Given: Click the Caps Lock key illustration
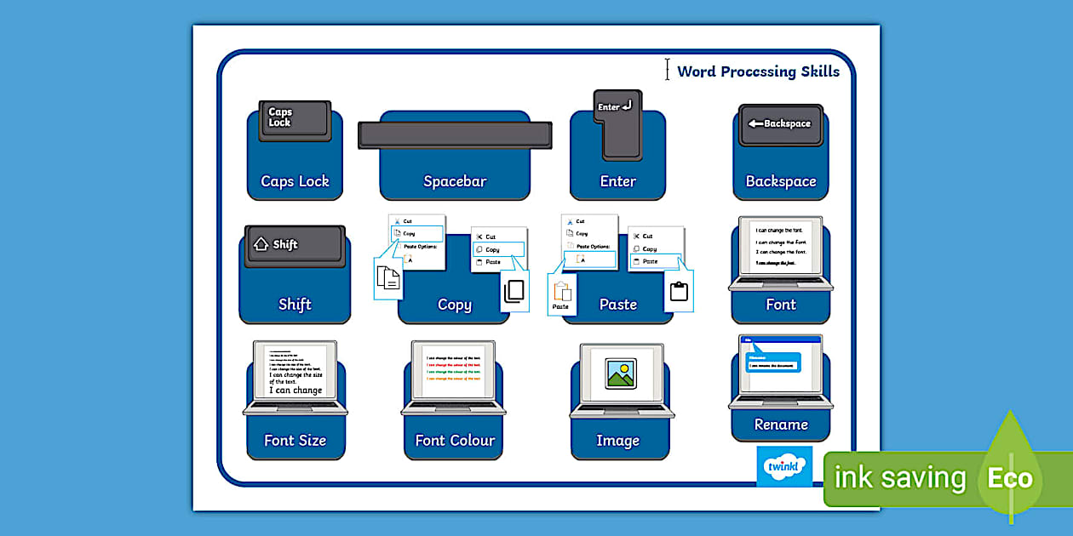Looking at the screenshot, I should pos(295,120).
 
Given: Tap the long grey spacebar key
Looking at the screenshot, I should pos(455,135).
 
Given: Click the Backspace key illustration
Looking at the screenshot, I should pos(780,124).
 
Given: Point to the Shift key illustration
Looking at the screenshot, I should pos(295,246).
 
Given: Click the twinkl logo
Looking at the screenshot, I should pos(784,466).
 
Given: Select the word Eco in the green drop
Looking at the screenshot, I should pos(1010,478).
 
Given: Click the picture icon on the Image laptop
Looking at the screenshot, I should pos(621,373).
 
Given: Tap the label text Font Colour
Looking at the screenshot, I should pos(455,441).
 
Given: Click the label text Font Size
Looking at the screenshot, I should pos(295,441).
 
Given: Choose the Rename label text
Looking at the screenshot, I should pos(781,425).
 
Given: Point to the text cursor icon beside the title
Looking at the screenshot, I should pos(668,70).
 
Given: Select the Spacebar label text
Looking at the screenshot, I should pos(455,181).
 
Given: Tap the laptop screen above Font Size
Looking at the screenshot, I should pos(295,371).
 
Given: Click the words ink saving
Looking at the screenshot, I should pos(900,478).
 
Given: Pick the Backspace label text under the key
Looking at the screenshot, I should pos(781,181).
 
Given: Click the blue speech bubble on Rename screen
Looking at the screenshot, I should pos(773,362).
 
